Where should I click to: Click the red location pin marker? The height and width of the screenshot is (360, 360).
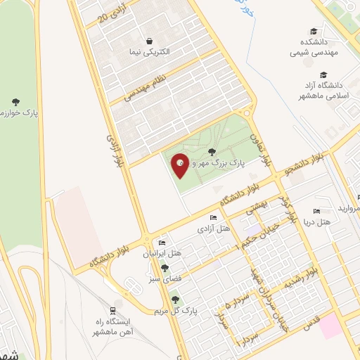click(x=180, y=165)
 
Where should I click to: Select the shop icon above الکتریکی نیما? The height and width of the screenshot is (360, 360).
click(x=149, y=41)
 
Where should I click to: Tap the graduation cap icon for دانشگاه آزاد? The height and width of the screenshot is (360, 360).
click(x=323, y=75)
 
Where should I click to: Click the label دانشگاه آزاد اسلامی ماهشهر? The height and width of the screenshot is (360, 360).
click(x=323, y=90)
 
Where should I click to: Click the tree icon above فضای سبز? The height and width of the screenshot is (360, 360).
click(x=165, y=268)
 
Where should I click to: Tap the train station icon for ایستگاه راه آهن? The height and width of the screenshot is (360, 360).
click(x=112, y=310)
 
